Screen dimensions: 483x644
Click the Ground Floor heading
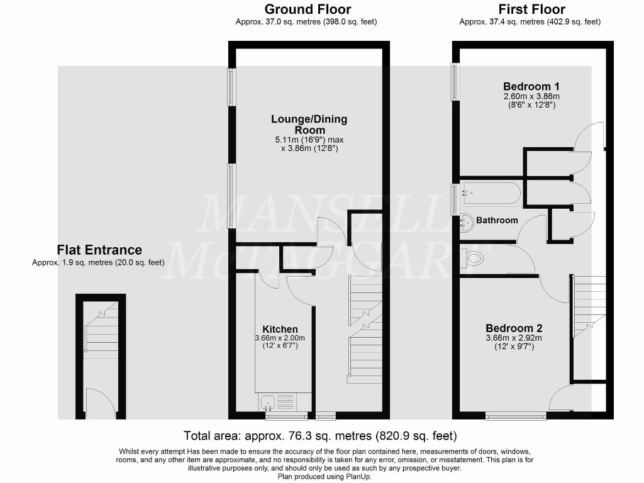point(308,9)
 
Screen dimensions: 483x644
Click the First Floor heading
point(531,9)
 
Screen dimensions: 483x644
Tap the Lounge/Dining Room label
point(309,124)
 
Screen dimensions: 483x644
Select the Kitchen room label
point(280,329)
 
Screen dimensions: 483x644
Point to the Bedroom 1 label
point(531,86)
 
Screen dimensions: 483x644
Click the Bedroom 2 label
point(514,328)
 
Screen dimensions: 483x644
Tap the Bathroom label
point(497,220)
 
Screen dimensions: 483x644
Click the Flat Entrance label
point(99,250)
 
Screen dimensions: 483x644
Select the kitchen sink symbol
point(267,401)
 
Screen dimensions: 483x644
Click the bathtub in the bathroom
point(489,192)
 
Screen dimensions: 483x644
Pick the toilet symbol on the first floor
point(473,258)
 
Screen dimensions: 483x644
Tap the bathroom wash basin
point(465,221)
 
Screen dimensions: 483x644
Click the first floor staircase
point(589,308)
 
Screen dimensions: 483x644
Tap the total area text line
point(320,435)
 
